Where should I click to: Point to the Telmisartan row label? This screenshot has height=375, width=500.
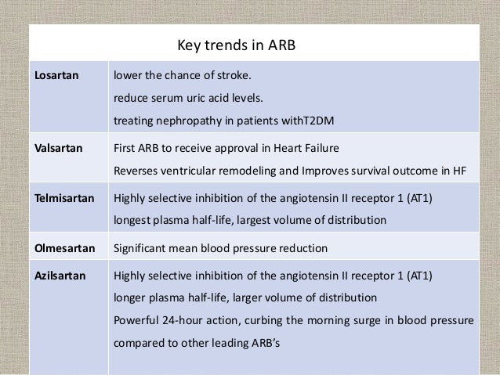point(60,199)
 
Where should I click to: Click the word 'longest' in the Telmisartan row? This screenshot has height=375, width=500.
point(133,222)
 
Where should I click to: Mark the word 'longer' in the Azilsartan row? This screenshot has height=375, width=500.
point(131,298)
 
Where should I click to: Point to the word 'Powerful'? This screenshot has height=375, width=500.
point(138,320)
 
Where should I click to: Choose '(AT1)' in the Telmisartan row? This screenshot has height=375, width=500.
point(426,199)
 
